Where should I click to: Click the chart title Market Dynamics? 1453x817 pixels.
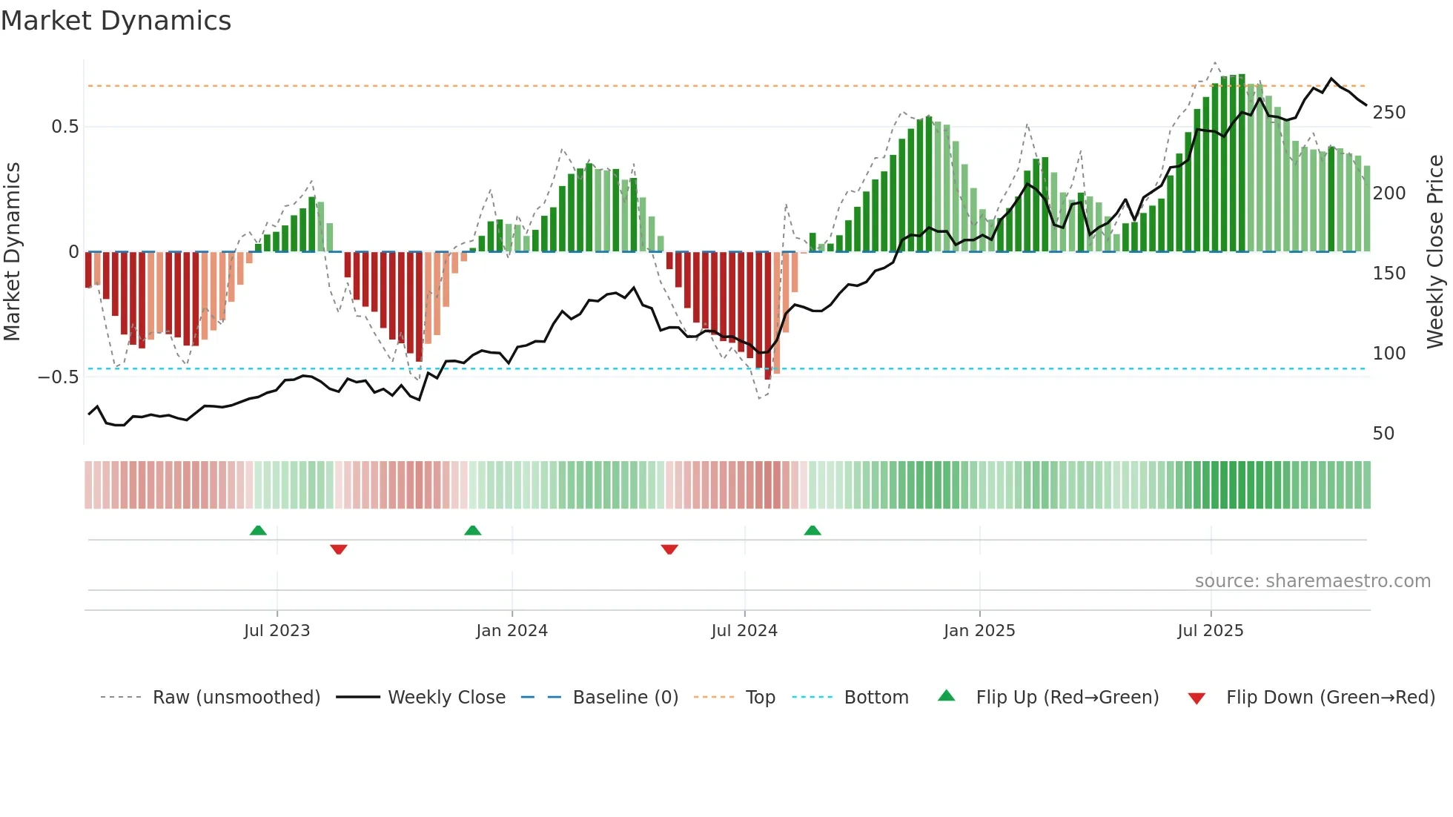coord(116,21)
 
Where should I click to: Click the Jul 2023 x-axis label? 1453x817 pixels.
coord(277,631)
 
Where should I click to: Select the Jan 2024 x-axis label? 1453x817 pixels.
coord(512,631)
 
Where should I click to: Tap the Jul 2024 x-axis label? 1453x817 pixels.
coord(744,631)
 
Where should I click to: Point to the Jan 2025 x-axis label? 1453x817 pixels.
coord(979,631)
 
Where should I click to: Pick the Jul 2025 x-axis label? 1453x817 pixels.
coord(1211,631)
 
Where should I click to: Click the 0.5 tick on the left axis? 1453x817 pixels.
coord(64,127)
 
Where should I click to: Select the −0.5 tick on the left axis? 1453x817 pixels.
coord(59,377)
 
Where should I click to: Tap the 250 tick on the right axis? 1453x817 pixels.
coord(1389,113)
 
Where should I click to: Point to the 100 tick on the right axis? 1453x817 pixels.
coord(1389,354)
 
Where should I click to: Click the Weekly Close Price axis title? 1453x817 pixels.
coord(1435,251)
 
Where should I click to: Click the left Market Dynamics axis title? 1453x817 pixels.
coord(12,251)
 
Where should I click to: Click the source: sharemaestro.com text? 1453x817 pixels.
coord(1312,581)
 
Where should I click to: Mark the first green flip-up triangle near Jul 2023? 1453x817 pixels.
coord(258,530)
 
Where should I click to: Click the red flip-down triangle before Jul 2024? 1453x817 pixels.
coord(669,549)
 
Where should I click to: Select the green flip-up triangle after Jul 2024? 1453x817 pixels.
coord(812,530)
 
